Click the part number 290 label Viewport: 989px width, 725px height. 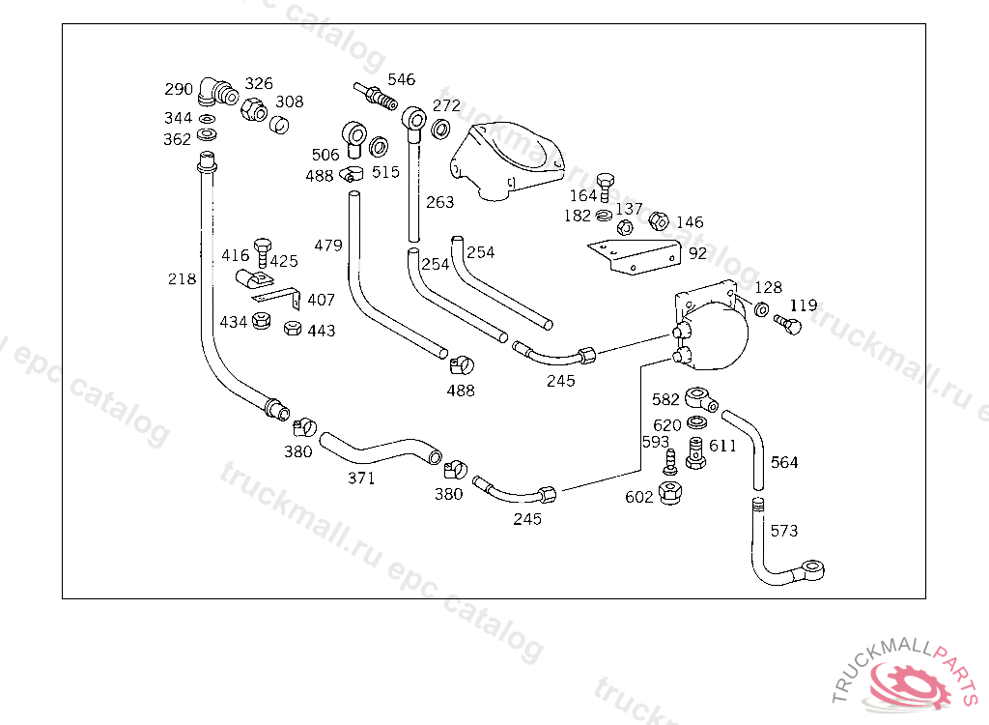pos(179,89)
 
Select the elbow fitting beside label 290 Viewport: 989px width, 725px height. pos(217,92)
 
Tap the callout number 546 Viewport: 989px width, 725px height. pos(401,79)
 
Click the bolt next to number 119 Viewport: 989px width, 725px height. pos(788,325)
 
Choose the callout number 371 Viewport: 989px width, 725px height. pos(361,478)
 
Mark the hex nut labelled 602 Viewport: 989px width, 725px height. pos(670,492)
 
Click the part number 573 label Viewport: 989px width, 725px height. pos(784,531)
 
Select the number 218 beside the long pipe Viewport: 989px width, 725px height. pos(182,278)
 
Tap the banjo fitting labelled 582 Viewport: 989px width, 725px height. pos(701,398)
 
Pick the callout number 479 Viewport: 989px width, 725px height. pos(328,245)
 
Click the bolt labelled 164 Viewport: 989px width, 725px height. pos(605,186)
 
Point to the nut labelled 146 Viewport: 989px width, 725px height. pos(659,221)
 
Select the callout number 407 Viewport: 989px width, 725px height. pos(321,300)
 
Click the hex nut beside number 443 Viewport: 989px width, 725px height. pos(292,328)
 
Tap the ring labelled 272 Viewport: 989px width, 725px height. pos(440,130)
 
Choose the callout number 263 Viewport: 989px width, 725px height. pos(439,202)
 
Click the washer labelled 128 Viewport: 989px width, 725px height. pos(762,309)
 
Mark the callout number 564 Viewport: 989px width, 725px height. pos(784,462)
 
